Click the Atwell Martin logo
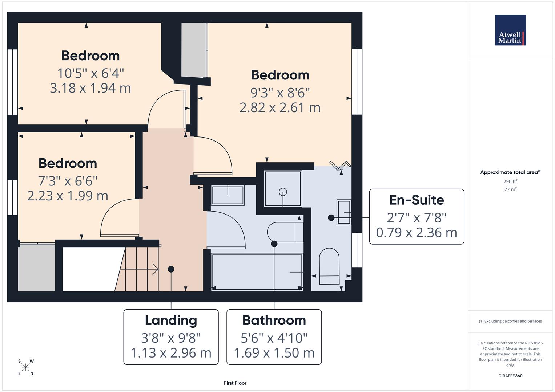(x=510, y=30)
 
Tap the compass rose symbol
(x=26, y=367)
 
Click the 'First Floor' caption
(x=235, y=383)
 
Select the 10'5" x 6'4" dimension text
(x=91, y=73)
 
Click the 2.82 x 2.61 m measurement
(x=280, y=107)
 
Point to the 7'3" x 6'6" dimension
(x=68, y=180)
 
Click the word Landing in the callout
(x=171, y=320)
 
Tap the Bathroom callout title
(x=274, y=320)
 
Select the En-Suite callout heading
(x=417, y=200)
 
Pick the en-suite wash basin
(x=344, y=212)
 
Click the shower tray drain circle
(x=283, y=192)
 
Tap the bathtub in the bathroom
(x=257, y=272)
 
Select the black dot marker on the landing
(x=171, y=269)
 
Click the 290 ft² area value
(x=510, y=181)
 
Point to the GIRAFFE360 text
(x=510, y=376)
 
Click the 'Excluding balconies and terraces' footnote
(x=510, y=321)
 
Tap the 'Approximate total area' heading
(x=510, y=172)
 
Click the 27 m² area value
(x=510, y=189)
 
